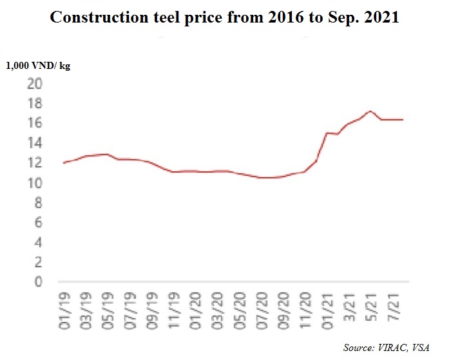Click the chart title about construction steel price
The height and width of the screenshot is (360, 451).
(225, 17)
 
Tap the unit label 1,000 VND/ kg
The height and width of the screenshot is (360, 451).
(38, 66)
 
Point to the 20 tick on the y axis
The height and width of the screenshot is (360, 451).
(35, 84)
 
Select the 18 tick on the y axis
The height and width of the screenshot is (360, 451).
(35, 104)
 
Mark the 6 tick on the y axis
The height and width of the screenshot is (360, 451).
(37, 223)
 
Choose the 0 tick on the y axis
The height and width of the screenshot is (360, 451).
(37, 282)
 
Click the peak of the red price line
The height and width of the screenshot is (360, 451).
(369, 111)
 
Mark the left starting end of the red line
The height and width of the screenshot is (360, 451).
(62, 163)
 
